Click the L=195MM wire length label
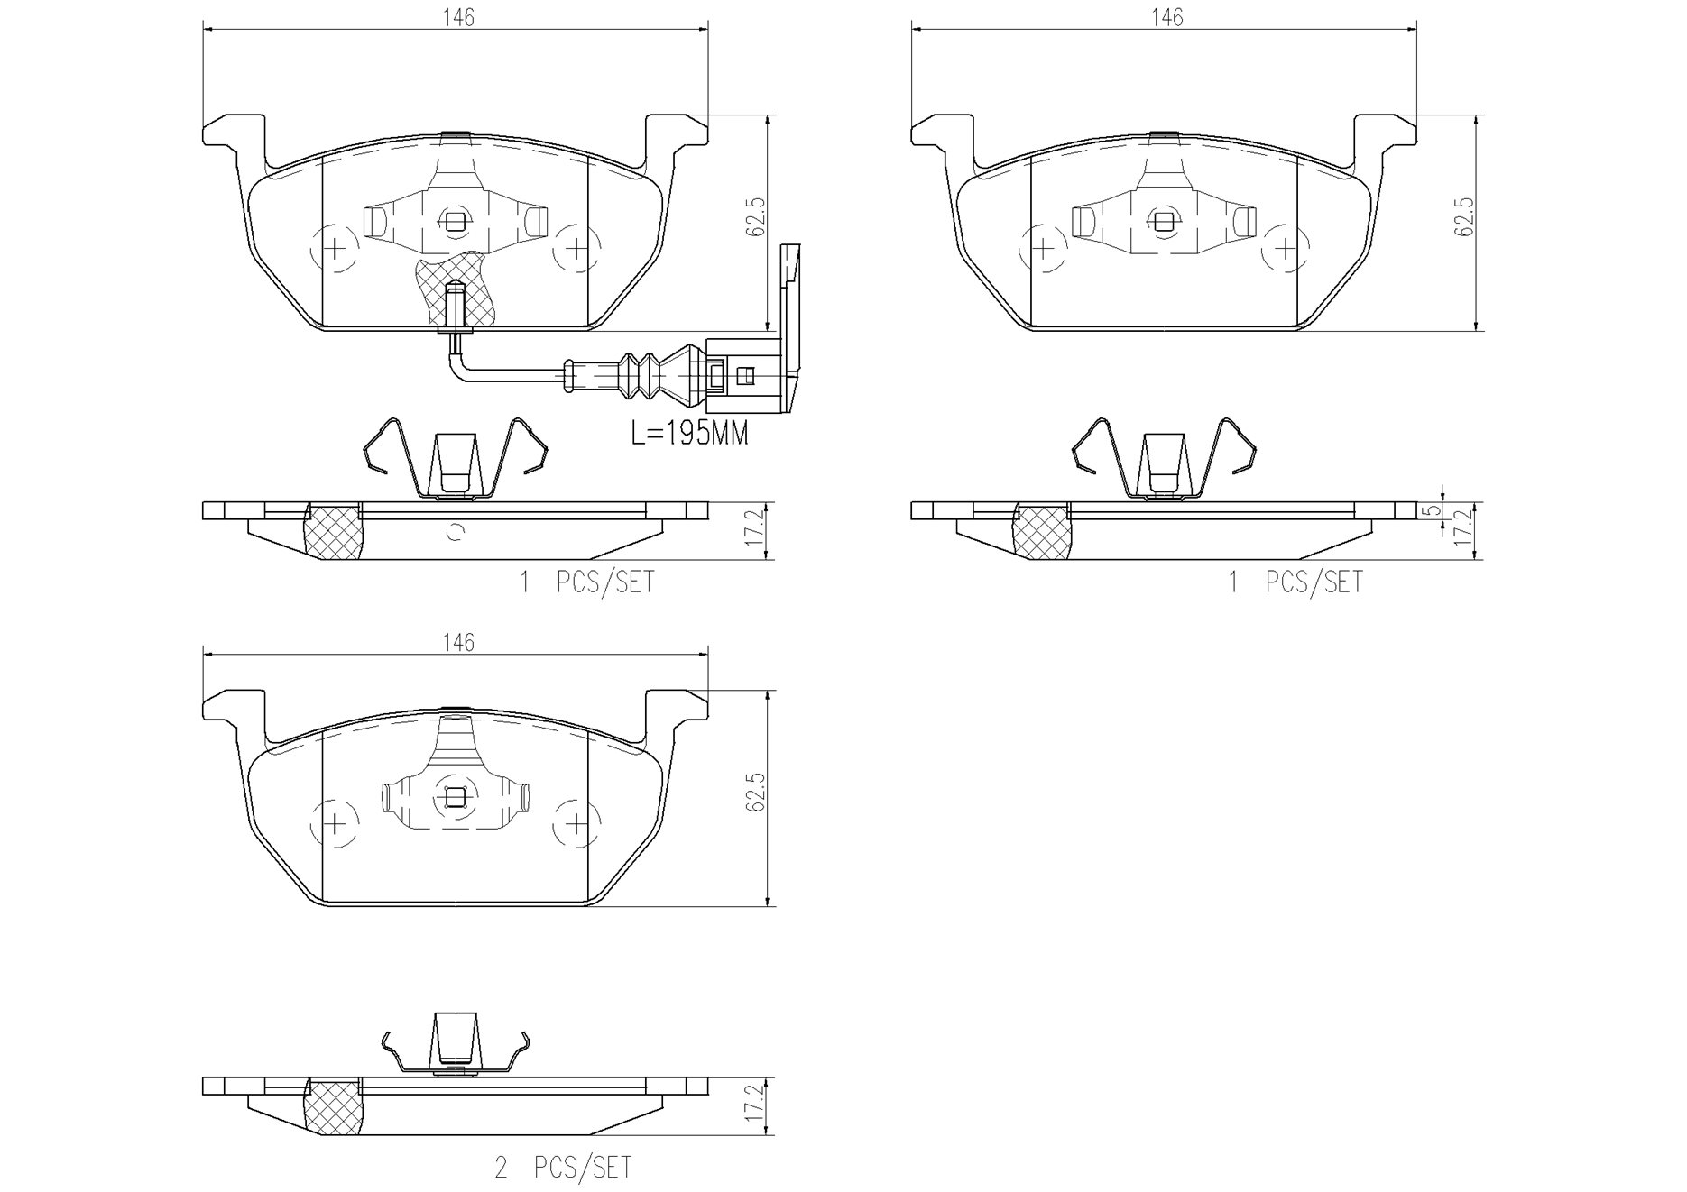(x=689, y=434)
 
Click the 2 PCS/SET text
(x=563, y=1168)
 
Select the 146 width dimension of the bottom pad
(x=457, y=642)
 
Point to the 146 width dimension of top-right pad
(x=1166, y=17)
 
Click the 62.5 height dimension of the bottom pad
(x=755, y=793)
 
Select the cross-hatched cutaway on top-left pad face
(x=456, y=289)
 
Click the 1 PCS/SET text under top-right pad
(x=1295, y=582)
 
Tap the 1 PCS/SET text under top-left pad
(x=586, y=582)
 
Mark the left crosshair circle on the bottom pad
(x=335, y=823)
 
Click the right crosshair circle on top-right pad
(x=1285, y=246)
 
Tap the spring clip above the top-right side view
(x=1164, y=457)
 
